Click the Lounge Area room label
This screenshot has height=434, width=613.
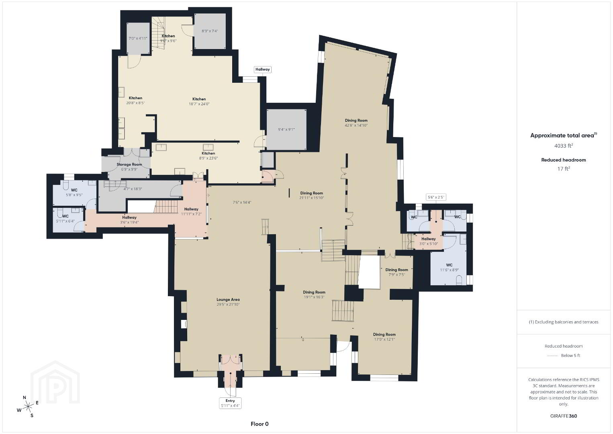click(228, 299)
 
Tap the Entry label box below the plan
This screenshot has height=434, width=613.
click(230, 403)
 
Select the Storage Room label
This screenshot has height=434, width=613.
click(129, 164)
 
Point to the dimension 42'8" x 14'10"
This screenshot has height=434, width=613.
click(356, 125)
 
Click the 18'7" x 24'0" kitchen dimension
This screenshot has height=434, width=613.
click(199, 104)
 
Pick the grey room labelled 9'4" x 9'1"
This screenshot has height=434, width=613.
click(286, 129)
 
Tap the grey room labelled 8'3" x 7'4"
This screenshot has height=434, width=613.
click(210, 31)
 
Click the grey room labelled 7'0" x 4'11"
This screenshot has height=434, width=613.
click(138, 38)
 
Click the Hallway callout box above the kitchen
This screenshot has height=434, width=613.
click(263, 69)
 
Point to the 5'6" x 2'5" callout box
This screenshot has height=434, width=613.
click(436, 197)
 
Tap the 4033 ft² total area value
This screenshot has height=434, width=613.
click(564, 145)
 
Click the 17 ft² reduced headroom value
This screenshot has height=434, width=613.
click(564, 168)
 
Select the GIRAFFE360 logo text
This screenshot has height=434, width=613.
click(564, 416)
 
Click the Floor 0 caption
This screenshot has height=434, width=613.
click(260, 424)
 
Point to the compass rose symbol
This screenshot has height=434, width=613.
click(27, 407)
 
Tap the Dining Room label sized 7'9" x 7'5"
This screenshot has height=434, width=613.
click(396, 270)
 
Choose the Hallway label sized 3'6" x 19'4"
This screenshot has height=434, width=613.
click(129, 217)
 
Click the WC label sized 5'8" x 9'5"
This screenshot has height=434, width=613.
click(74, 190)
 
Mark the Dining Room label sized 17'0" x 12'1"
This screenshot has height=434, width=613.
click(384, 334)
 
